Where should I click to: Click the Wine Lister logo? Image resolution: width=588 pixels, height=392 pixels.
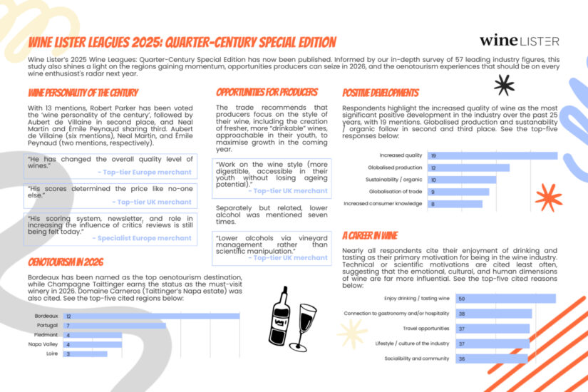(x=519, y=41)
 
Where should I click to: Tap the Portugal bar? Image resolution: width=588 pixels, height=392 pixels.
(x=114, y=325)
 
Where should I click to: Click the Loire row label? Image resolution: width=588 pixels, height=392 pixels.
(x=51, y=354)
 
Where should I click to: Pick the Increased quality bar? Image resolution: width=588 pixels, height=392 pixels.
(x=492, y=155)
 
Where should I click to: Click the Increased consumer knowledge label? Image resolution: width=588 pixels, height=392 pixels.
(x=383, y=204)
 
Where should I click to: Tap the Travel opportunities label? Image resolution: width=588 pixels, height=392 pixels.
(x=426, y=329)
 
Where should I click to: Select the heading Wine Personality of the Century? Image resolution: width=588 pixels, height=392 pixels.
(x=83, y=93)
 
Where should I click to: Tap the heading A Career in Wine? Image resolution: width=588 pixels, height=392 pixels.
(x=369, y=236)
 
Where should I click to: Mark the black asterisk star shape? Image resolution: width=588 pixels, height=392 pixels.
(x=504, y=85)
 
